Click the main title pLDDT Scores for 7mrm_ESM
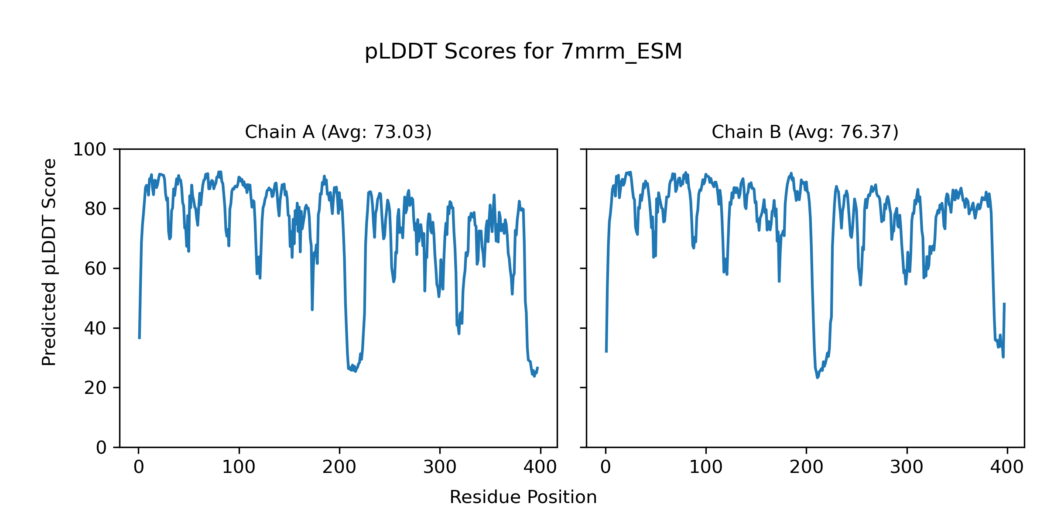click(523, 52)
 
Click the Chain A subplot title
click(338, 132)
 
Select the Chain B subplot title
click(805, 132)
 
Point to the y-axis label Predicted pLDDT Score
click(49, 262)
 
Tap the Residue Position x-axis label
click(523, 497)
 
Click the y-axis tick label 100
click(89, 150)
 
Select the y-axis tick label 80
click(95, 209)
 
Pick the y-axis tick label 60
click(95, 269)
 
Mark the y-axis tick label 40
click(95, 328)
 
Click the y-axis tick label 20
click(95, 388)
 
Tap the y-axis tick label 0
click(101, 448)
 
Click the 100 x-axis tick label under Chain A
click(239, 468)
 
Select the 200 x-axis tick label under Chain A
click(339, 468)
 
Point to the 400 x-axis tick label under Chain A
click(540, 468)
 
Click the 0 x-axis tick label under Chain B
click(606, 468)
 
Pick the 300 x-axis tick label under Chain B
click(907, 468)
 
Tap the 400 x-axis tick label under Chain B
click(1007, 468)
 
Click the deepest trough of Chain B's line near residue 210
click(818, 378)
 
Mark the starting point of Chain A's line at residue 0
click(139, 338)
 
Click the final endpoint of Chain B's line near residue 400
click(1004, 303)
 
